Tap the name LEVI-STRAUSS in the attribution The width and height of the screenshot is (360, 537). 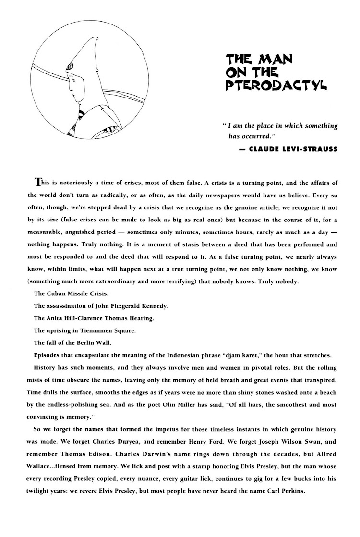[x=311, y=149]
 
